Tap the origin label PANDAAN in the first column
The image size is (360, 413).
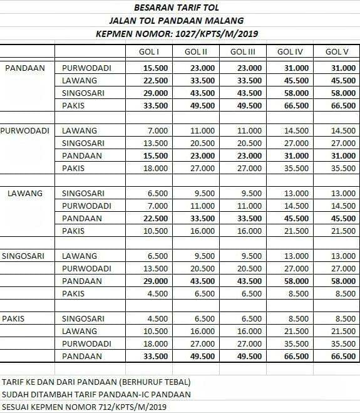click(24, 68)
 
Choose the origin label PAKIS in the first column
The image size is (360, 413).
click(14, 318)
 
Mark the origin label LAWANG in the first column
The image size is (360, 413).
click(25, 193)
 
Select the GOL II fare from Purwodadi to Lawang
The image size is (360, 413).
click(199, 130)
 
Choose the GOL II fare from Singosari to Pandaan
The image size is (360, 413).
click(199, 281)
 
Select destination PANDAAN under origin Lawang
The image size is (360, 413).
click(82, 218)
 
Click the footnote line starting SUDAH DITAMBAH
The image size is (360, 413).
click(97, 394)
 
